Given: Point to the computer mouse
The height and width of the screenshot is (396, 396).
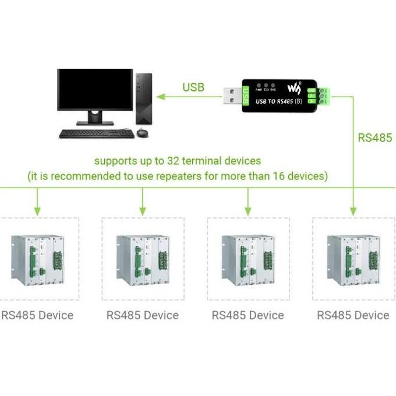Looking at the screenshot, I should [143, 133].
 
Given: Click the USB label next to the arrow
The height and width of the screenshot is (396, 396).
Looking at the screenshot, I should [193, 87].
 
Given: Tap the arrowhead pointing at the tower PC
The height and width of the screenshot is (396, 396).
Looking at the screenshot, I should [159, 96].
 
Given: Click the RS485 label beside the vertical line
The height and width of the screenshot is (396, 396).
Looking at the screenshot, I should [375, 138].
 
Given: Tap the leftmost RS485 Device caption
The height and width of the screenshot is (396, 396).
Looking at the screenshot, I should [37, 315].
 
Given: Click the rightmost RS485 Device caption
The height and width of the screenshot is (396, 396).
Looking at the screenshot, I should [353, 315].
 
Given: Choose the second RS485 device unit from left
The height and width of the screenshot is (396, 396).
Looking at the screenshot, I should [143, 259].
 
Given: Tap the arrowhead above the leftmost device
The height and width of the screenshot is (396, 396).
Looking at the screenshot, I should [37, 210].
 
